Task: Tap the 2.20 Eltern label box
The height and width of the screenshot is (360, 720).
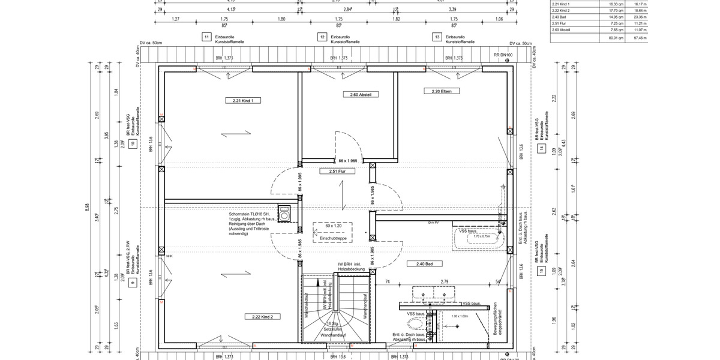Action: coord(441,91)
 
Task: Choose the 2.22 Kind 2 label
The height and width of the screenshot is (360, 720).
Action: coord(259,316)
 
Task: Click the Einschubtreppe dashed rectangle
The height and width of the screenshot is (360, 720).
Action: coord(332,232)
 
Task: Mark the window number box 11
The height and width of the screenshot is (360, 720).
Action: coord(206,37)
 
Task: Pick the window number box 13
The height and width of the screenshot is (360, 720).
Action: coord(436,37)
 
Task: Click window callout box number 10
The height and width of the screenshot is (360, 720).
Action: coord(133,144)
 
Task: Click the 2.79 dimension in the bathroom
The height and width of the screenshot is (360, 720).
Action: coord(445,281)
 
